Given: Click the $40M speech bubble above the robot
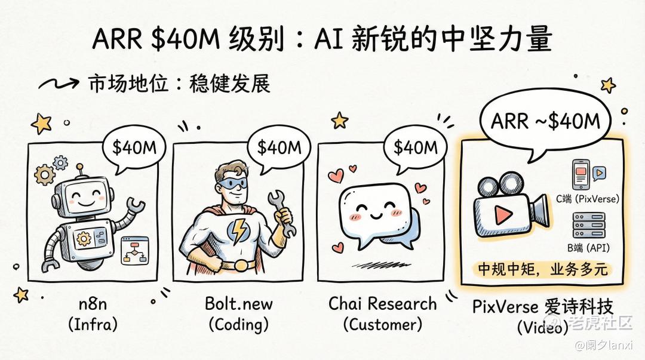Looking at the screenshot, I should coord(132,148).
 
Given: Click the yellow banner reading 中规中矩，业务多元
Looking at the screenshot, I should coord(542,269).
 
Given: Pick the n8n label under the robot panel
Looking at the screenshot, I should coord(93,304).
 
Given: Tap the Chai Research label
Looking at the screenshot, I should coord(382,303).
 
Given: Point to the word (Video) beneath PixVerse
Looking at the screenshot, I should coord(542,327).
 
